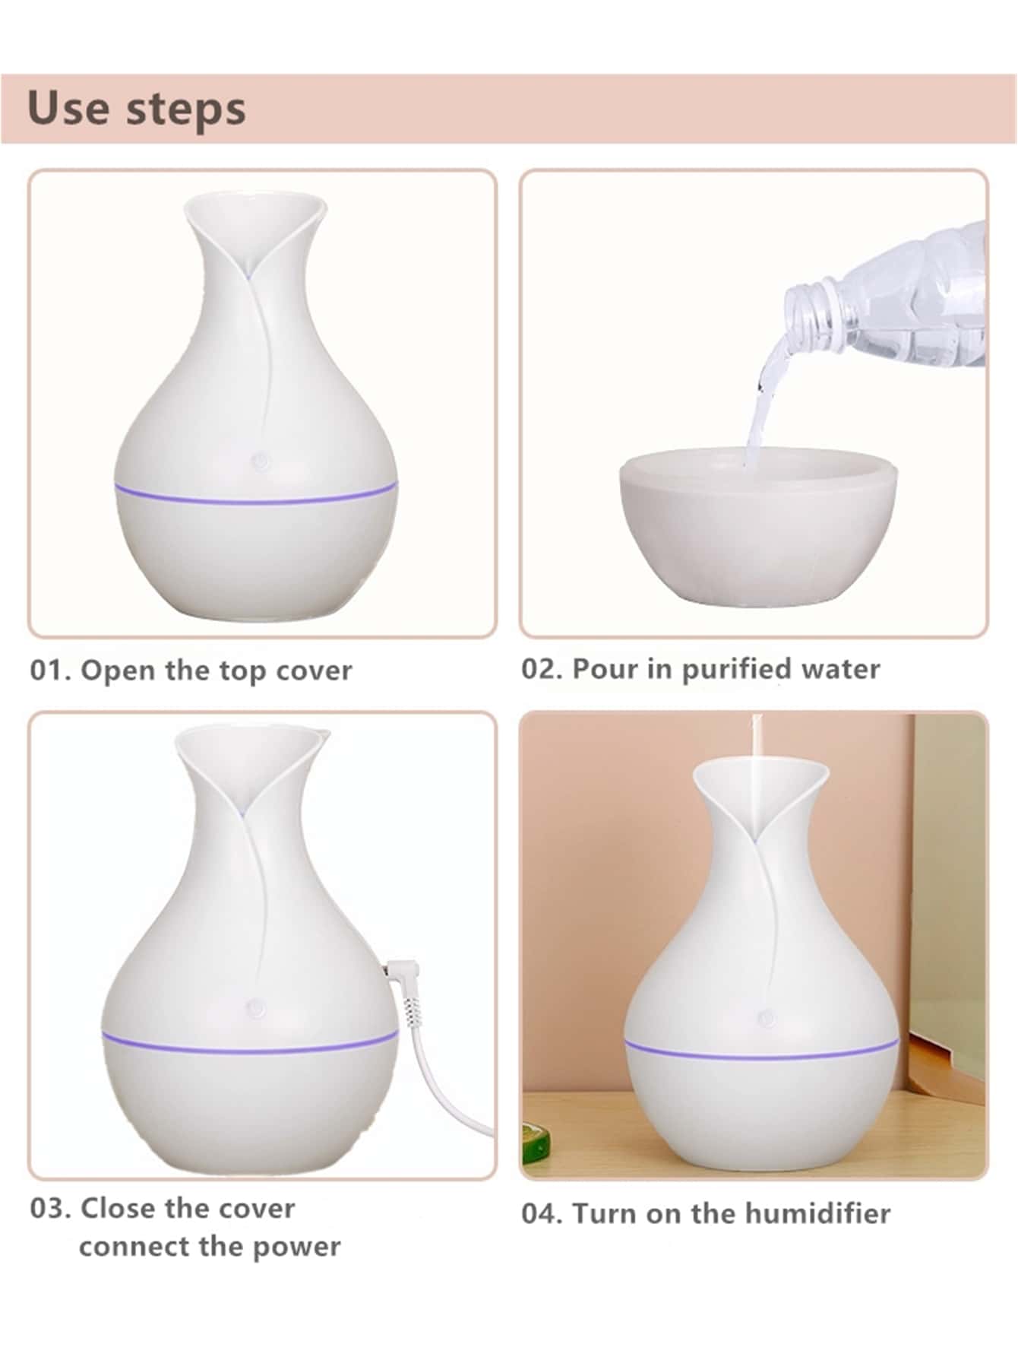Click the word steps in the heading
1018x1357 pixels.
click(185, 110)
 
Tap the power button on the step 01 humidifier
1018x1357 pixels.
click(260, 460)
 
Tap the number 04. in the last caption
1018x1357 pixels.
click(542, 1213)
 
